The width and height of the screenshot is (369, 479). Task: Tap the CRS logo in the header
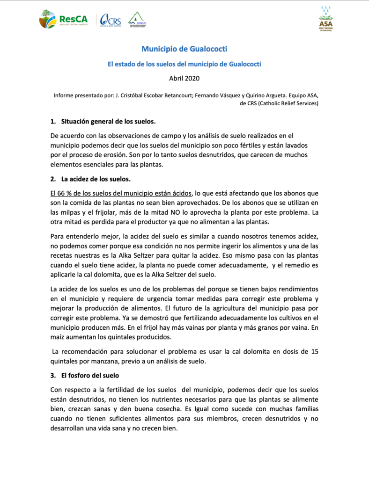pyautogui.click(x=111, y=20)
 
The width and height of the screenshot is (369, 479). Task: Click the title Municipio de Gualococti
pyautogui.click(x=184, y=49)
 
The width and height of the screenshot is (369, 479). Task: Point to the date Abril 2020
pyautogui.click(x=184, y=79)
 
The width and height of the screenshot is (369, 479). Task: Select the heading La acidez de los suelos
pyautogui.click(x=99, y=179)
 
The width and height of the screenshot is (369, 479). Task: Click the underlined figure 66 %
pyautogui.click(x=62, y=193)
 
